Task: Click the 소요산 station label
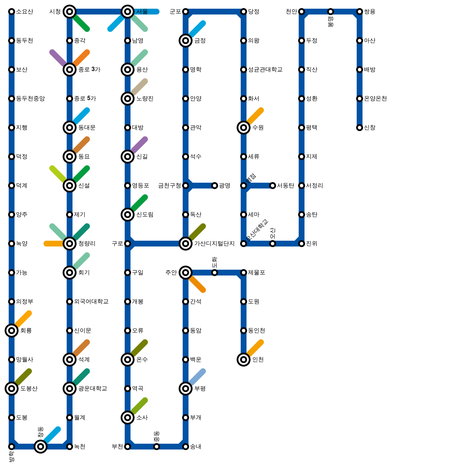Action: point(24,12)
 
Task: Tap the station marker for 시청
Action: point(70,12)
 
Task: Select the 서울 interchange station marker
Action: point(128,12)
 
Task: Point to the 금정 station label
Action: point(200,41)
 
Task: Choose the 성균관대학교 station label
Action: point(265,70)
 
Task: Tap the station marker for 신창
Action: point(360,128)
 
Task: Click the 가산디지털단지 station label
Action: point(214,244)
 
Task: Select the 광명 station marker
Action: point(215,186)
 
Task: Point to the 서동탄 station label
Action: point(285,186)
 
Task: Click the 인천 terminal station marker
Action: point(244,360)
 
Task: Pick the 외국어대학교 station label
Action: point(91,302)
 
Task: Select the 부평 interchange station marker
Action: point(186,389)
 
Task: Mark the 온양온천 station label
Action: point(375,99)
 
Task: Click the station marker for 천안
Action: point(302,12)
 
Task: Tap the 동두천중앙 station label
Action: point(30,99)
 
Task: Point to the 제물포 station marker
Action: point(244,273)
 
